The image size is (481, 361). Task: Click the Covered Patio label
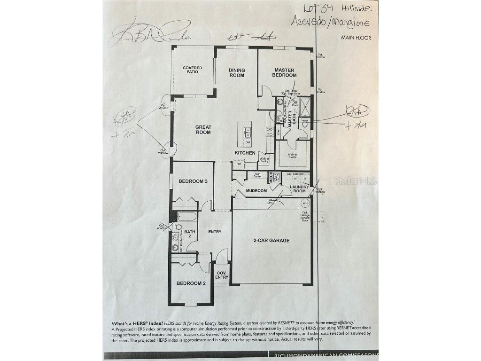pos(192,70)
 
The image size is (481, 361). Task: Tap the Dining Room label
pos(237,73)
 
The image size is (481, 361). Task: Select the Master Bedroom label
pos(285,73)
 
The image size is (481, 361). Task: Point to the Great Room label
pos(203,130)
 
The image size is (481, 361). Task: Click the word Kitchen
pos(245,153)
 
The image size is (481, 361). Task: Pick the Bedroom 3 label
pos(193,181)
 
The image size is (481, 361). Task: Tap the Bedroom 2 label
pos(191,283)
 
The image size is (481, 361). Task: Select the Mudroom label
pos(257,191)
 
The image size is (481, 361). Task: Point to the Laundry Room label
pos(299,189)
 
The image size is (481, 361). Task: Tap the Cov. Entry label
pos(222,275)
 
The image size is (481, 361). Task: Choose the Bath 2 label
pos(189,234)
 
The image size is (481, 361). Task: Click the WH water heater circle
pos(305,204)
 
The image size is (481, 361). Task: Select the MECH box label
pos(271,177)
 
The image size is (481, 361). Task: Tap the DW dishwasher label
pos(248,142)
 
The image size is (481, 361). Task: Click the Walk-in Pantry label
pos(264,160)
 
